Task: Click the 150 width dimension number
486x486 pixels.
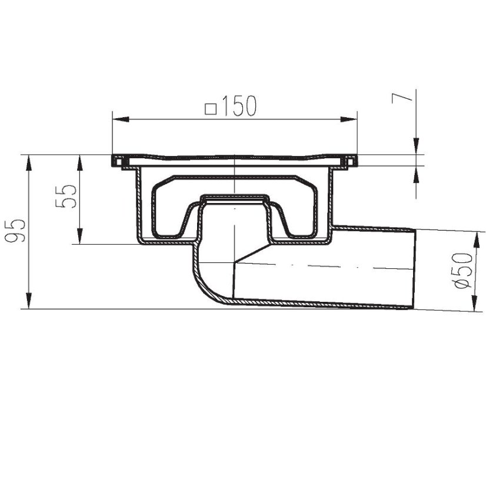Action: (x=239, y=106)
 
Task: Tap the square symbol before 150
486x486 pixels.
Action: (x=211, y=109)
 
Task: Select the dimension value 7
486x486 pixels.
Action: (x=402, y=98)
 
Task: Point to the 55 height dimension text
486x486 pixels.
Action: (x=65, y=196)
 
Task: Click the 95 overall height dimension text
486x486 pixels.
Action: (x=15, y=231)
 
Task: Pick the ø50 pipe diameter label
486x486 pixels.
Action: (x=464, y=270)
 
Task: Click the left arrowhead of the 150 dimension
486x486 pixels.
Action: (x=120, y=119)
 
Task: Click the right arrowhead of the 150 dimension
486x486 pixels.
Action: (x=349, y=119)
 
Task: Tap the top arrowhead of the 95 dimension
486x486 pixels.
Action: (x=28, y=162)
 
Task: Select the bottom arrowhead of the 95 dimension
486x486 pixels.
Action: (x=28, y=301)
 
